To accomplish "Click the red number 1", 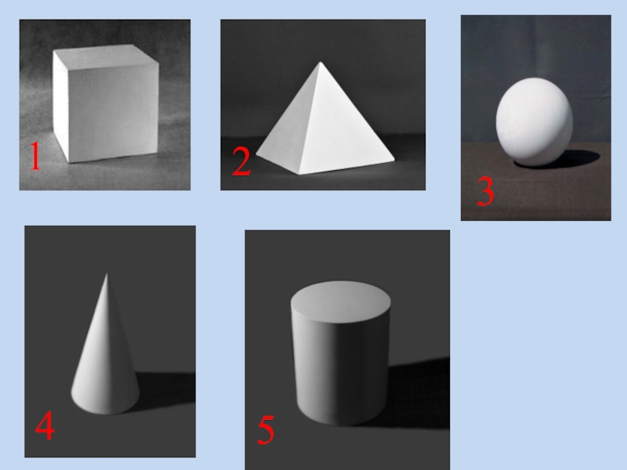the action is click(35, 156).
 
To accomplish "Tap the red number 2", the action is click(241, 161).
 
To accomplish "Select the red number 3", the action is click(485, 191).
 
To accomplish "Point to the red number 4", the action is click(45, 425).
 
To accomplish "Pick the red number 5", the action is click(266, 430).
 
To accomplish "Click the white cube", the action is click(106, 103).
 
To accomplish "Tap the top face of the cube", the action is click(105, 56).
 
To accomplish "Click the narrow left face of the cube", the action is click(61, 106).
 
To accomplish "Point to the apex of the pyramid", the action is click(320, 62).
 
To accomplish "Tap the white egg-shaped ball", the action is click(535, 121).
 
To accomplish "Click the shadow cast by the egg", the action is click(576, 159).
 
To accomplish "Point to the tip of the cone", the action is click(107, 273).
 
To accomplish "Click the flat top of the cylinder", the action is click(341, 302).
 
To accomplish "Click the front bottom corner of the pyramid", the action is click(299, 174).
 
